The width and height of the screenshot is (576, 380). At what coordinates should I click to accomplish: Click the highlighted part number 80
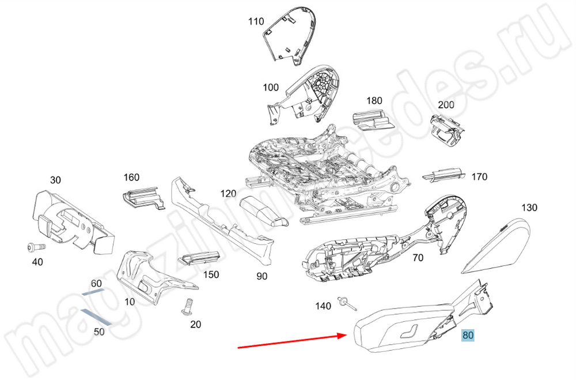pyautogui.click(x=468, y=334)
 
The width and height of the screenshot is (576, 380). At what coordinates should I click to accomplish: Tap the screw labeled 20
pyautogui.click(x=187, y=306)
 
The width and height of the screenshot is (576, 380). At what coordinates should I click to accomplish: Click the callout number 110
pyautogui.click(x=256, y=22)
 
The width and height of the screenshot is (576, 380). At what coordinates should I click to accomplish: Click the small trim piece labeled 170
pyautogui.click(x=444, y=174)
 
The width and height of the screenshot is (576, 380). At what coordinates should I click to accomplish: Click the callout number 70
pyautogui.click(x=418, y=258)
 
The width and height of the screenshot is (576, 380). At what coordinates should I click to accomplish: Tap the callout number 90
pyautogui.click(x=262, y=276)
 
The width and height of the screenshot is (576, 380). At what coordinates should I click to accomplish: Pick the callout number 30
pyautogui.click(x=55, y=180)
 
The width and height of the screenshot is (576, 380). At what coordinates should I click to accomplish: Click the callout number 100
pyautogui.click(x=271, y=88)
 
